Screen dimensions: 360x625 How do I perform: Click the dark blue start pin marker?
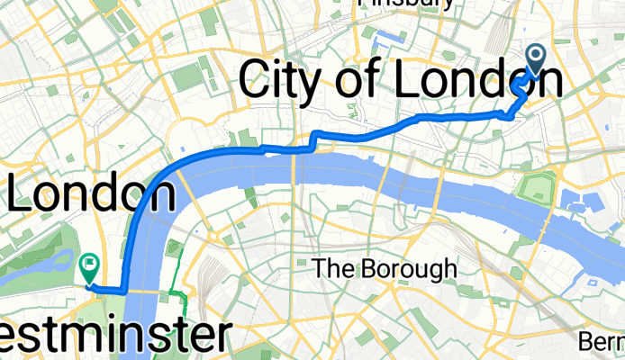(x=534, y=61)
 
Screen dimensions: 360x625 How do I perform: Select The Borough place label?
(x=385, y=268)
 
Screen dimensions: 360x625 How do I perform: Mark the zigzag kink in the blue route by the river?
(x=314, y=139)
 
